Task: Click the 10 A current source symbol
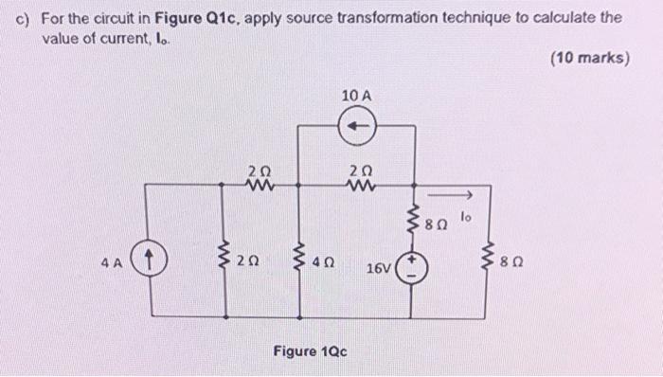[x=360, y=124]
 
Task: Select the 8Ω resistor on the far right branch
[x=490, y=255]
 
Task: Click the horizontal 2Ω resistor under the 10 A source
[x=359, y=186]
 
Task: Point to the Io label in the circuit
[x=464, y=218]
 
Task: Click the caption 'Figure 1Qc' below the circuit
[x=310, y=351]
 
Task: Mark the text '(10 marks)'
[x=589, y=58]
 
